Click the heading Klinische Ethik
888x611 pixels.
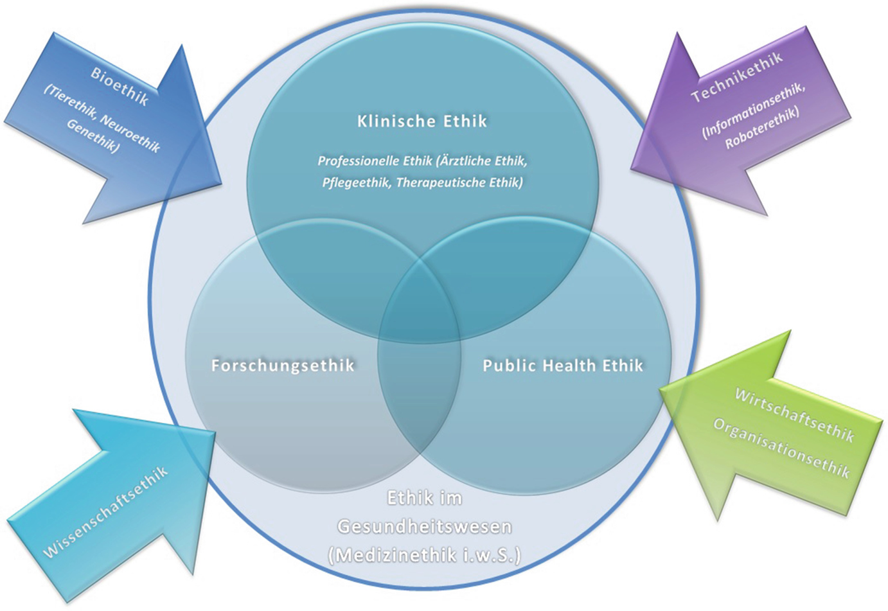pos(422,121)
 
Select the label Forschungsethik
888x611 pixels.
pos(283,366)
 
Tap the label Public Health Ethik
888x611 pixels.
pos(563,366)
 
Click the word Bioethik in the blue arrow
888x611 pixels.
pos(120,86)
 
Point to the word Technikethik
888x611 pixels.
pos(737,76)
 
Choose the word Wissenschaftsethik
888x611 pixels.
pos(105,512)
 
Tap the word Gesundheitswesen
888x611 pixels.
pos(425,527)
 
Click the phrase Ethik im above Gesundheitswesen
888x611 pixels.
pos(425,499)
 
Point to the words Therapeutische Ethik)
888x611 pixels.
pos(460,182)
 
